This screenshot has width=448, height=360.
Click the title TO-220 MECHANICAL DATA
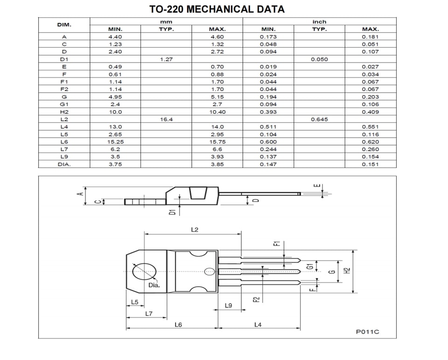(x=217, y=9)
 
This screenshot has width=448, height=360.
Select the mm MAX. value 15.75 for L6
(x=217, y=142)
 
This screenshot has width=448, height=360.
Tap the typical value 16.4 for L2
(x=166, y=119)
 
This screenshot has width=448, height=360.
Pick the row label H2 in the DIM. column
(x=64, y=112)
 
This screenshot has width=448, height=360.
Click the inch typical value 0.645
(x=319, y=119)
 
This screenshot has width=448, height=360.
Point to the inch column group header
(x=319, y=22)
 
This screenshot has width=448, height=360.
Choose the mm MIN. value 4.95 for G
(x=115, y=97)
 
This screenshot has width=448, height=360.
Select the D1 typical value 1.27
(x=166, y=59)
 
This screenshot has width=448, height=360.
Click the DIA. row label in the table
(x=64, y=165)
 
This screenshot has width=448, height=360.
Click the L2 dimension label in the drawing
(x=195, y=229)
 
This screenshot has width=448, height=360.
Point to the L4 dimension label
(x=258, y=325)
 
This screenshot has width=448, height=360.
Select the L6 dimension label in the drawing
(x=178, y=325)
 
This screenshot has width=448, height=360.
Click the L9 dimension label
(x=228, y=305)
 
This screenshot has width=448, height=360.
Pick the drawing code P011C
(x=367, y=332)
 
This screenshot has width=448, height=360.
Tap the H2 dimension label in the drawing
(x=347, y=270)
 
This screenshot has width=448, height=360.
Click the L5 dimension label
(x=134, y=302)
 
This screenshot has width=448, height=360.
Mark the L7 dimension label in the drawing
(x=148, y=313)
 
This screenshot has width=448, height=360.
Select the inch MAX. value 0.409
(x=370, y=112)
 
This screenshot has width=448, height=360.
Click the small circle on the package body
(x=210, y=271)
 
